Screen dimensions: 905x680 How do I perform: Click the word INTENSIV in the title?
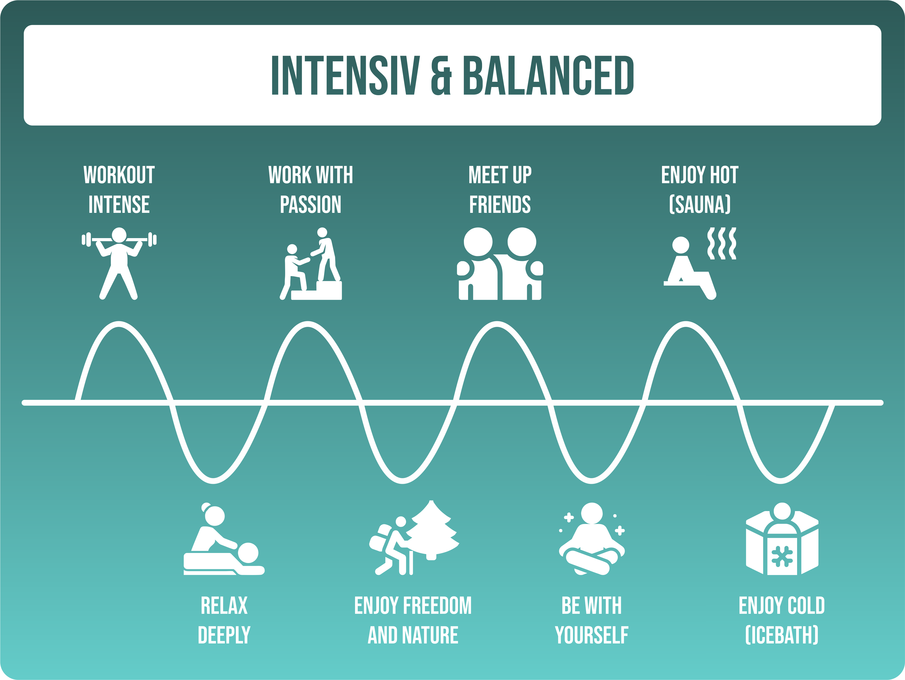[346, 75]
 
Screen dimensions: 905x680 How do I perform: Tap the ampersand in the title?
[441, 75]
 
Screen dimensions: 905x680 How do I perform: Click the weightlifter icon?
[119, 263]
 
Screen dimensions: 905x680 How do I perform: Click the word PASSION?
[310, 205]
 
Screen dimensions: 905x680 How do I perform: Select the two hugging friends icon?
[500, 263]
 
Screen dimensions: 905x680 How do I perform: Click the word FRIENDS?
[500, 205]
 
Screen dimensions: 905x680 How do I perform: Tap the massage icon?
[224, 539]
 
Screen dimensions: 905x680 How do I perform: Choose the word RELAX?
[224, 605]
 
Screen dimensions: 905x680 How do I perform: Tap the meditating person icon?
[592, 539]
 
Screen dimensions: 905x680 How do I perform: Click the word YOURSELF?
[592, 635]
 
